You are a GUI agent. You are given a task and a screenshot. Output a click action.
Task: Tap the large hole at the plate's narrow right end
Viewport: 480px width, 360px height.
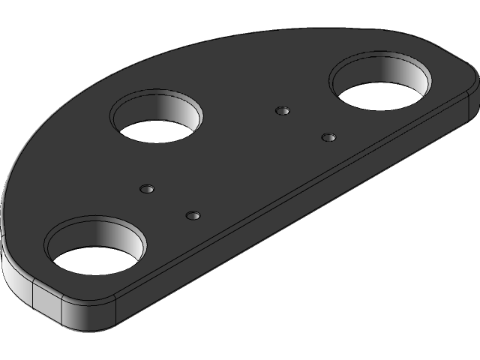click(x=381, y=82)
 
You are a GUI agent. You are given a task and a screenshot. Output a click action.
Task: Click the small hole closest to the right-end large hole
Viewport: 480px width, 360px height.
click(x=328, y=137)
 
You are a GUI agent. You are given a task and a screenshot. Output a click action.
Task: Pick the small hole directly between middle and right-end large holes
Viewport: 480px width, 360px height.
click(x=282, y=111)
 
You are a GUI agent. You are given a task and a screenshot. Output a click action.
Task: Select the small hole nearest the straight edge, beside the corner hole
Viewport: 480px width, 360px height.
click(x=193, y=216)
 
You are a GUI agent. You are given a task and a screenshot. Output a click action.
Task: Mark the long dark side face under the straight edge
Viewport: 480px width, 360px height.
click(x=300, y=225)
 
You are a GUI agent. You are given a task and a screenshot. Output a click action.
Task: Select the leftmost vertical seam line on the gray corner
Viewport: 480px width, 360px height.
click(x=33, y=296)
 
